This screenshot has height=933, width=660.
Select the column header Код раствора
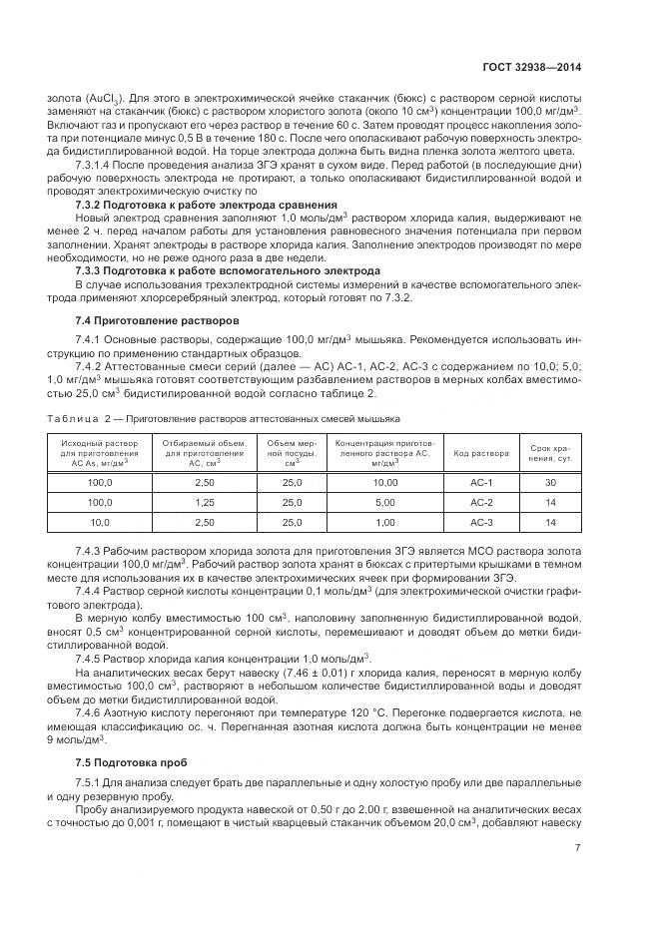coord(481,452)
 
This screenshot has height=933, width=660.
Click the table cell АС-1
coord(481,482)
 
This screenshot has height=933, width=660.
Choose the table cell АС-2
coord(481,502)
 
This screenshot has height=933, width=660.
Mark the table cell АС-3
coord(481,522)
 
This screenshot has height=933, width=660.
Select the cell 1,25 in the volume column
coord(204,502)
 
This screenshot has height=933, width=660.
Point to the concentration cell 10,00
coord(384,482)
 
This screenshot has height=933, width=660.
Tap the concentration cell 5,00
coord(384,502)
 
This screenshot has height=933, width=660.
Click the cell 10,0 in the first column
coord(100,522)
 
